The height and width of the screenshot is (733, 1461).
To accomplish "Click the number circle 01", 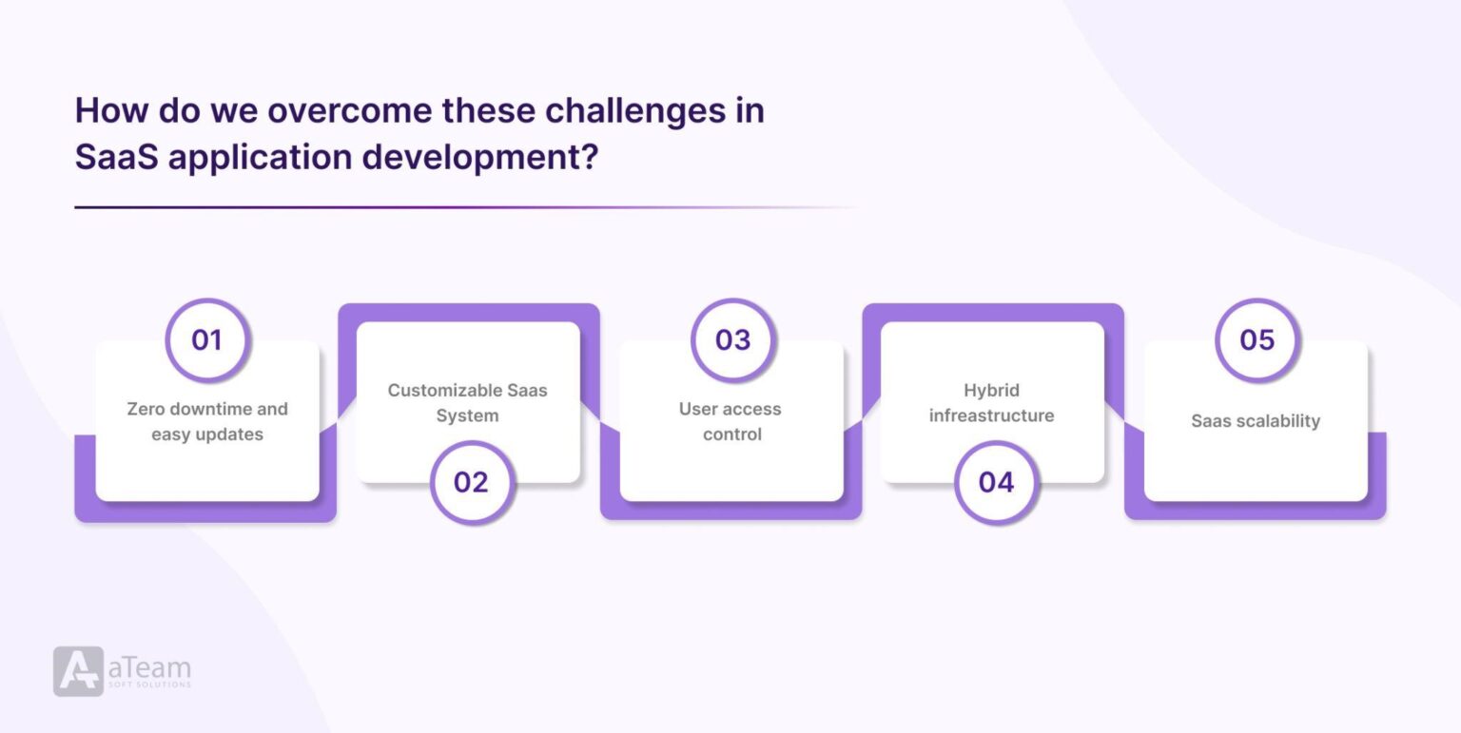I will coord(206,339).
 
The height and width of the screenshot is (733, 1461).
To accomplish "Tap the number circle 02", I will coord(471,482).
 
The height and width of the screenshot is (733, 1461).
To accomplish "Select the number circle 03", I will coord(732,339).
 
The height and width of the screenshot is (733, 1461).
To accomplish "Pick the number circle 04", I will coord(996,482).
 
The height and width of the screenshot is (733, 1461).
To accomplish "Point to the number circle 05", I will coord(1256,339).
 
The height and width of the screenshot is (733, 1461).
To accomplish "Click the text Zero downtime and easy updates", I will coord(207,421).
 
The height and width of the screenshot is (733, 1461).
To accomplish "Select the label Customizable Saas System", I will coord(468,403).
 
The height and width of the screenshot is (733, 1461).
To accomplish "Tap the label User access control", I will coord(730,421).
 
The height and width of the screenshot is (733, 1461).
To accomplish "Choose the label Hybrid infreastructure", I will coord(991,403).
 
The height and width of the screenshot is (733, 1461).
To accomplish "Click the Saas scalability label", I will coord(1256,420).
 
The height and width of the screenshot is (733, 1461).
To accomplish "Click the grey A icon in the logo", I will coord(78,671).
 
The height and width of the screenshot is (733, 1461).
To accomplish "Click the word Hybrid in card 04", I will coord(991,390).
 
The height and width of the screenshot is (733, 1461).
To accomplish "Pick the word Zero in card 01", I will coord(146,409).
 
